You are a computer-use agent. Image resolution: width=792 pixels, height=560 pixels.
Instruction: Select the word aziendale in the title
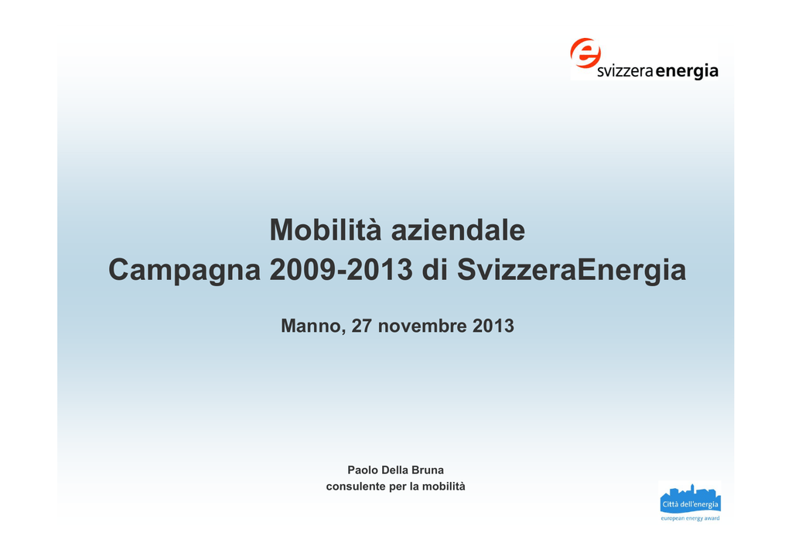click(458, 230)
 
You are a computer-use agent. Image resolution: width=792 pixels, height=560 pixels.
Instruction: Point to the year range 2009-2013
click(341, 270)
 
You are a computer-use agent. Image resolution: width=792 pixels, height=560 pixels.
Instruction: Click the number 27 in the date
click(362, 326)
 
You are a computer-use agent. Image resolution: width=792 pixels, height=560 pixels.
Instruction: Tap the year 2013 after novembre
click(493, 326)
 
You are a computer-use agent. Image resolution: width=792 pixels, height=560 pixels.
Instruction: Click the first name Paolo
click(363, 470)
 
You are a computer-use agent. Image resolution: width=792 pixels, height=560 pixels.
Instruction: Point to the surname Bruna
click(428, 470)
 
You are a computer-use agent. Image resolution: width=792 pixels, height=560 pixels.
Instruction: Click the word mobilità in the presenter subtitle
click(443, 487)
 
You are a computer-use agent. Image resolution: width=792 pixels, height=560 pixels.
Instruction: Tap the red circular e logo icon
click(585, 53)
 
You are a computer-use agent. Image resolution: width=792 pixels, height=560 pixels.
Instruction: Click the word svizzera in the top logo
click(625, 71)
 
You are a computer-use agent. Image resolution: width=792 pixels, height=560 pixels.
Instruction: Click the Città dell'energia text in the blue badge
click(690, 504)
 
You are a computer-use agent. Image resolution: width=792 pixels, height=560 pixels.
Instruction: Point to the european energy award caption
click(690, 518)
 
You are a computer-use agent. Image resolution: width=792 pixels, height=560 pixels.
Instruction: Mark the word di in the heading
click(435, 270)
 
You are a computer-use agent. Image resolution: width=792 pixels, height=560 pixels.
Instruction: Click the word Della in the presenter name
click(395, 470)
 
